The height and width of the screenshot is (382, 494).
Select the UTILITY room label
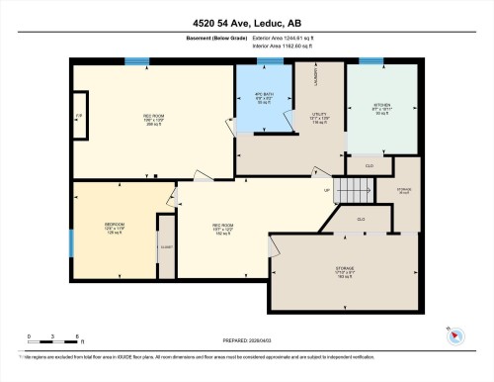coord(319,115)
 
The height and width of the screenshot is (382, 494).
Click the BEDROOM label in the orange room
coord(114,225)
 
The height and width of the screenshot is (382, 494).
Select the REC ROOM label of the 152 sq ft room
coord(222,226)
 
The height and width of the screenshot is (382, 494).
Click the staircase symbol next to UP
coord(349,187)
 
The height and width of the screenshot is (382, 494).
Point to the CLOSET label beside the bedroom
coord(165,244)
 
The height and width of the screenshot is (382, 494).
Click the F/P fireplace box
coord(79,118)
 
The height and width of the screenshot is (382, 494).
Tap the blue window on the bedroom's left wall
coord(70,242)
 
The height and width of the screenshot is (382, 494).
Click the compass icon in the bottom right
coord(454,336)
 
